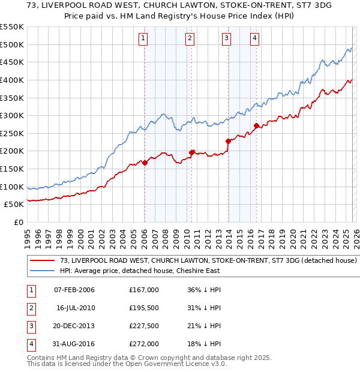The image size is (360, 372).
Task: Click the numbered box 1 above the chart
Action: (x=144, y=39)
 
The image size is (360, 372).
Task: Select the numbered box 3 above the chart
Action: (x=227, y=39)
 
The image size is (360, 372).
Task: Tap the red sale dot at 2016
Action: (x=256, y=126)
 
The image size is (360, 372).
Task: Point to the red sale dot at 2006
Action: (x=145, y=163)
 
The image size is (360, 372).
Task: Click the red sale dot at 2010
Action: (x=191, y=152)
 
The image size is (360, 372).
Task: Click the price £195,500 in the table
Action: (x=144, y=308)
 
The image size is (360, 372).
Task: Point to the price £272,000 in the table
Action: (x=144, y=344)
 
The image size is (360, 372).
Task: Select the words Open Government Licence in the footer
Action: (x=172, y=364)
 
